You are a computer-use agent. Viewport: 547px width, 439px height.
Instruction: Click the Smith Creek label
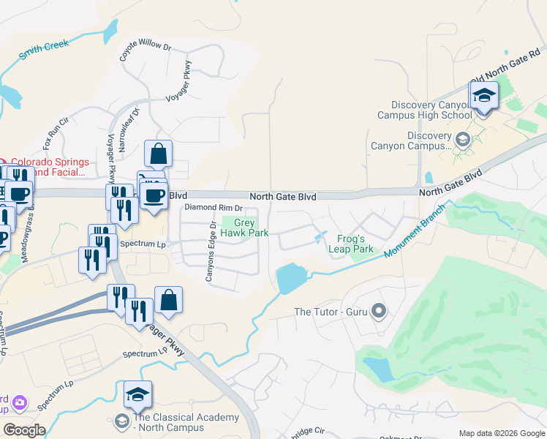pos(44,49)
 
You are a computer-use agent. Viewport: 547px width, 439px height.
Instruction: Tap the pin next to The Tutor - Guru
pos(378,312)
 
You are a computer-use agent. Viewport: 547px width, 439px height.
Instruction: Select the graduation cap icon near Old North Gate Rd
pos(483,96)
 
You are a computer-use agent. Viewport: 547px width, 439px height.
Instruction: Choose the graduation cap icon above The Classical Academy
pos(137,395)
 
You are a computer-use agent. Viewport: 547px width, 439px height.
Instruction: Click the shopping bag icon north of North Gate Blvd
pos(158,154)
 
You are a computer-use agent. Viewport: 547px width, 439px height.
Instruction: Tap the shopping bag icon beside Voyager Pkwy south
pos(168,300)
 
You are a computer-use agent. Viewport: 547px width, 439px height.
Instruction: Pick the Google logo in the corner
pos(24,430)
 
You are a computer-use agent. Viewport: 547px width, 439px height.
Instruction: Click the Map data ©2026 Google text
pos(501,433)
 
